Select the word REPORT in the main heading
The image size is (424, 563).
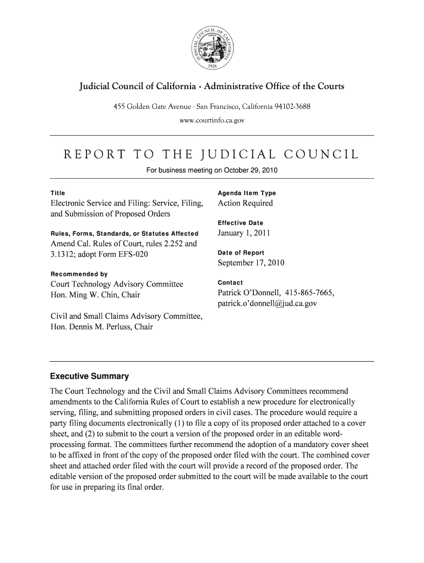coord(95,154)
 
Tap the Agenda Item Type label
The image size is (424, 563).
coord(247,193)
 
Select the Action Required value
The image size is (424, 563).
coord(245,203)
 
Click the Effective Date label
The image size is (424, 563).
coord(241,223)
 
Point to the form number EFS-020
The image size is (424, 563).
coord(131,254)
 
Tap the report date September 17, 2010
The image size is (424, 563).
coord(251,263)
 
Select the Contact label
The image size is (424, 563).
coord(231,282)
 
